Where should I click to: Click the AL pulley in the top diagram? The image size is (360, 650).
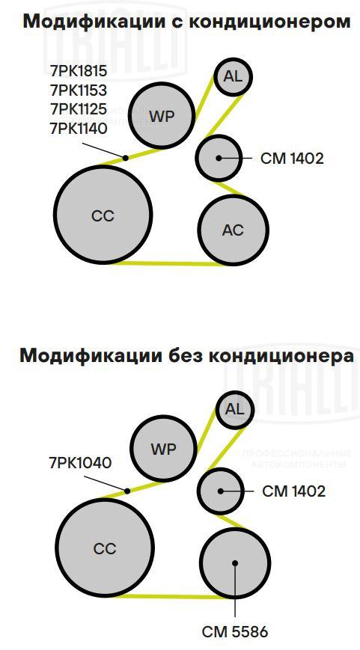click(x=233, y=77)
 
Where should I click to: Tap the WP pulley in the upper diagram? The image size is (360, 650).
click(x=162, y=116)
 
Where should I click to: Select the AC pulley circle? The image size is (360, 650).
click(x=233, y=229)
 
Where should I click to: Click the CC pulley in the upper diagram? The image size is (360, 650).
click(x=103, y=215)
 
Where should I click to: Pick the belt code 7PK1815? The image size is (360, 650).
click(x=79, y=71)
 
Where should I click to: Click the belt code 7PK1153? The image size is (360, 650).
click(x=79, y=90)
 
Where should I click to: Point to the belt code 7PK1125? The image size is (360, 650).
click(x=79, y=109)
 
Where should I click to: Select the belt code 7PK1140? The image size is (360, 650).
click(x=79, y=129)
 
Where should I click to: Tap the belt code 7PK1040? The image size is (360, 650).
click(x=81, y=463)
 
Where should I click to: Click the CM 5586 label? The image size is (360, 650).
click(x=235, y=632)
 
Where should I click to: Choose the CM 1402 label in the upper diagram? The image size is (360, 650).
click(x=292, y=159)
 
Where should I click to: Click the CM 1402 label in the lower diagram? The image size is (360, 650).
click(x=293, y=491)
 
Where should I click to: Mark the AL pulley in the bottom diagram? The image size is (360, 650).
click(x=235, y=410)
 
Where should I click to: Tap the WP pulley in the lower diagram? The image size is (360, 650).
click(x=163, y=449)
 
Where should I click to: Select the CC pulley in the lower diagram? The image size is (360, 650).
click(x=105, y=548)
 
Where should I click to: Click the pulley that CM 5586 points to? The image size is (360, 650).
click(x=235, y=563)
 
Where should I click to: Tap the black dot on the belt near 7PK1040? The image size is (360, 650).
click(x=127, y=491)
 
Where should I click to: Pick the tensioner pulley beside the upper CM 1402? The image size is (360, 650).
click(x=219, y=158)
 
